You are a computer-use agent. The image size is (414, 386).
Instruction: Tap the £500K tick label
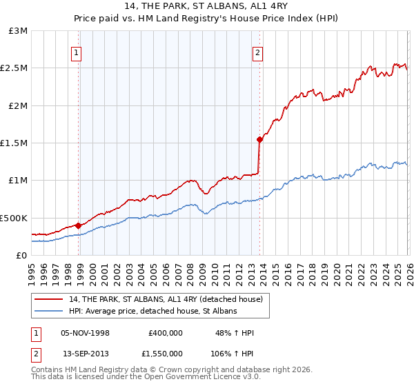coord(14,218)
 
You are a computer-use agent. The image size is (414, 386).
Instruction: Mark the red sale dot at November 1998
coord(78,225)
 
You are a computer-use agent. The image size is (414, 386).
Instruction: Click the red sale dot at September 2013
coord(259,139)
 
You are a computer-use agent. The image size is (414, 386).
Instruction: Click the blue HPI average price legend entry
coord(152,312)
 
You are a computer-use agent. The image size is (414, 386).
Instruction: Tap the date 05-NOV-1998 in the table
coord(86,332)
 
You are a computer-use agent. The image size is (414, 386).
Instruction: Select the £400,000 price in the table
coord(165,332)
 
